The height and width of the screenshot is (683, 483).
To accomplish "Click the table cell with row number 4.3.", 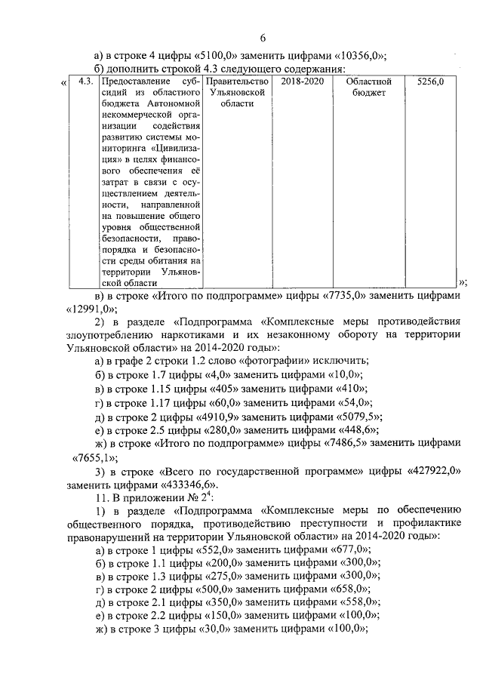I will (x=85, y=81).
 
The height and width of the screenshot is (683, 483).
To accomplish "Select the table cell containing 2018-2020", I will (x=301, y=81).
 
